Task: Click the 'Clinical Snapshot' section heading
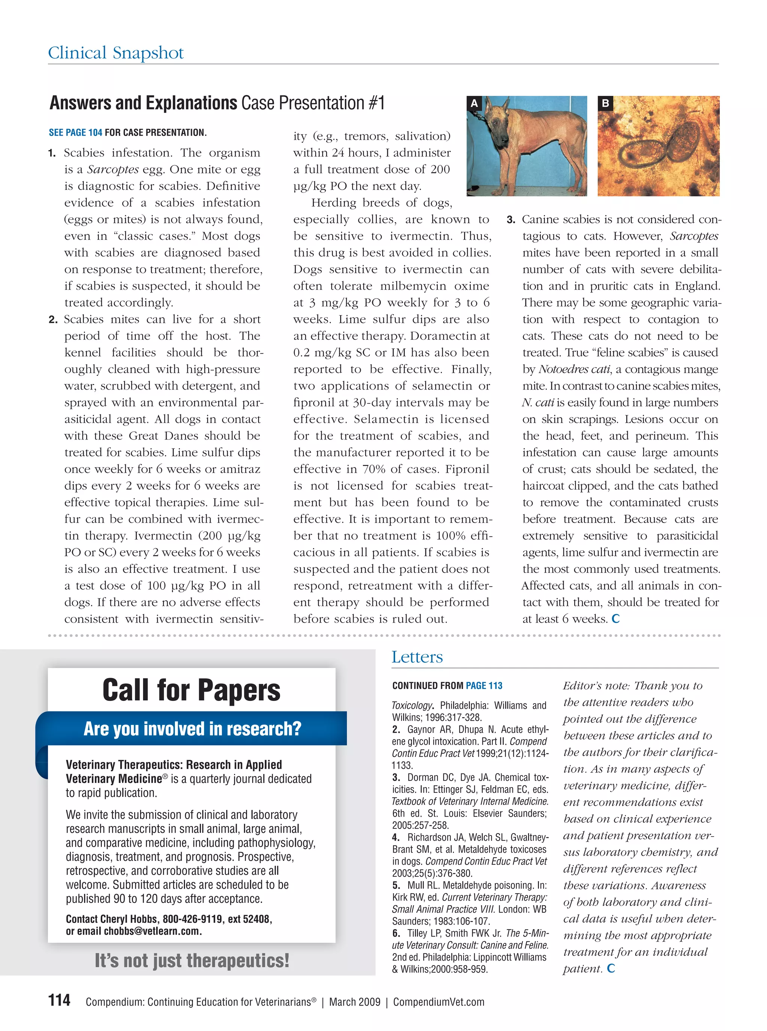point(116,53)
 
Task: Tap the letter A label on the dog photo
point(474,103)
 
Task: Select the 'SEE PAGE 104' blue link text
point(75,132)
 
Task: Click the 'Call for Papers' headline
point(191,690)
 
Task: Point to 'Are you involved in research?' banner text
point(192,729)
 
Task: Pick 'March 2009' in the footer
point(354,1002)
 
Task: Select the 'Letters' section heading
point(417,657)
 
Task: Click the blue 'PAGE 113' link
point(484,686)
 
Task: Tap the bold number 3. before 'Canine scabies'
point(511,220)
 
